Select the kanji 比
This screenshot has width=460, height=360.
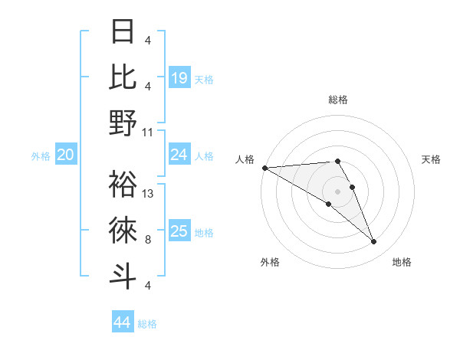(x=123, y=76)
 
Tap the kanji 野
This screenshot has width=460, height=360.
(x=123, y=122)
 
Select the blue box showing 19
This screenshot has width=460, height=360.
(x=179, y=77)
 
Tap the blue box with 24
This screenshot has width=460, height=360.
(x=179, y=155)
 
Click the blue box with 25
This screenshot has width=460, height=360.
(x=179, y=231)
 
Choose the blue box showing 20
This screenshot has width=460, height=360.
(x=65, y=155)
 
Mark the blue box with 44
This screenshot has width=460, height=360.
(x=122, y=322)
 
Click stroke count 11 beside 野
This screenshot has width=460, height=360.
(x=149, y=132)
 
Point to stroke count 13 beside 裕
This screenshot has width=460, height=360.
(x=149, y=194)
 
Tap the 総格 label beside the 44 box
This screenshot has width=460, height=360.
(x=147, y=324)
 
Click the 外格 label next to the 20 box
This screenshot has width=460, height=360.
(x=41, y=156)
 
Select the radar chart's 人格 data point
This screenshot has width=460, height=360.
(x=264, y=168)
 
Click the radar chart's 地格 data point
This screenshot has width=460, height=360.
(x=374, y=242)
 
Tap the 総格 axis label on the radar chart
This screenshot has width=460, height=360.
(x=337, y=100)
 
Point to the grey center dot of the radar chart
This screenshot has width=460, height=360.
(x=337, y=191)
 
